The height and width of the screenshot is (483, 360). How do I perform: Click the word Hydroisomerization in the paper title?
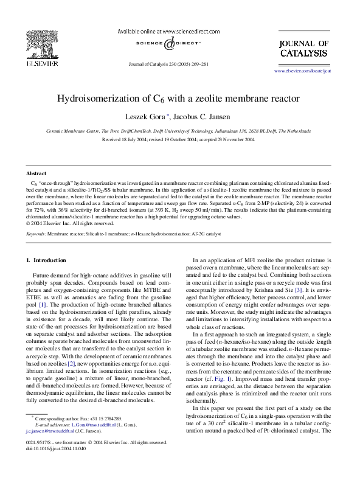[x=99, y=98]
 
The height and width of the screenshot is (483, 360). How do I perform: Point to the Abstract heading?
[x=37, y=173]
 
